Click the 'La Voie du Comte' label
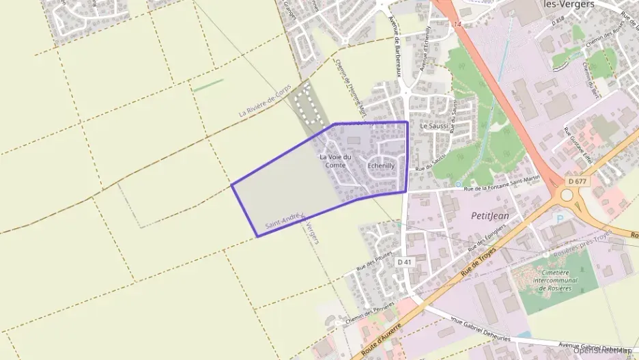point(335,161)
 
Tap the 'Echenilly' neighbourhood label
point(381,165)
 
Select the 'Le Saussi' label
point(434,126)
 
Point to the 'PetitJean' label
point(490,215)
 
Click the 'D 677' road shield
point(576,182)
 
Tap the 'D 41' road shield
point(404,262)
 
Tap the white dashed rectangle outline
point(311,105)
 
